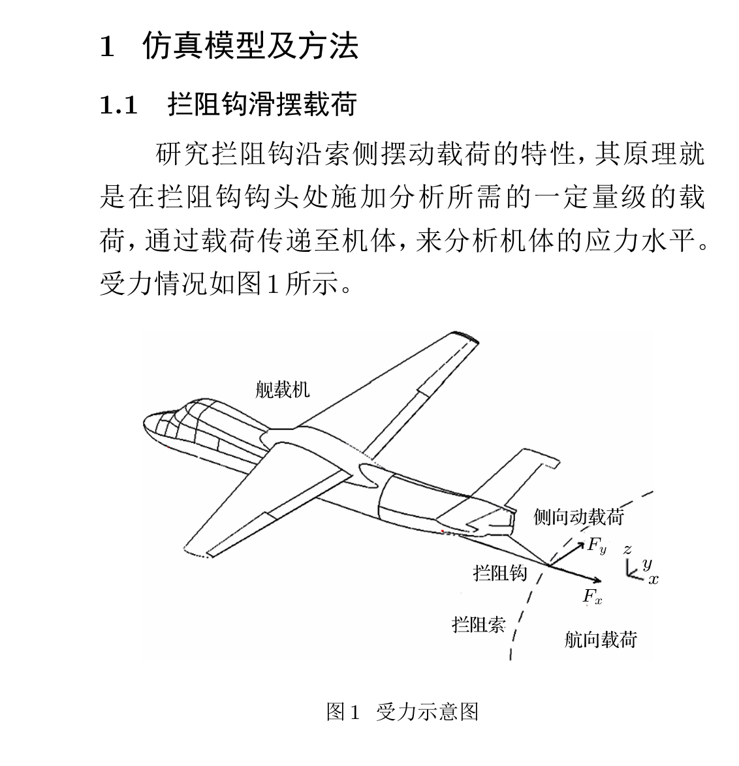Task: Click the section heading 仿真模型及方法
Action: [x=250, y=46]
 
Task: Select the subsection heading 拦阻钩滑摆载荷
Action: [x=262, y=104]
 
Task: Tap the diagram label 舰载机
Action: [x=282, y=390]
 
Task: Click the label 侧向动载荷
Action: [x=578, y=517]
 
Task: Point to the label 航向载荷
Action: [x=600, y=639]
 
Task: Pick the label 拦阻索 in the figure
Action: [x=479, y=624]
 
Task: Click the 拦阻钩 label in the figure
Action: [x=499, y=573]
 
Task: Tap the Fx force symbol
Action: [x=592, y=596]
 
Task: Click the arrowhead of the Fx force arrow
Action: [x=597, y=580]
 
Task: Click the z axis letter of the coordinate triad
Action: [x=627, y=549]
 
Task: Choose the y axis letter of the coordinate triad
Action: [x=646, y=563]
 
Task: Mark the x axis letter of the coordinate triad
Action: [x=653, y=579]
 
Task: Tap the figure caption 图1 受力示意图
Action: [x=402, y=711]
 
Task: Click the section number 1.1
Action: [x=118, y=105]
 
